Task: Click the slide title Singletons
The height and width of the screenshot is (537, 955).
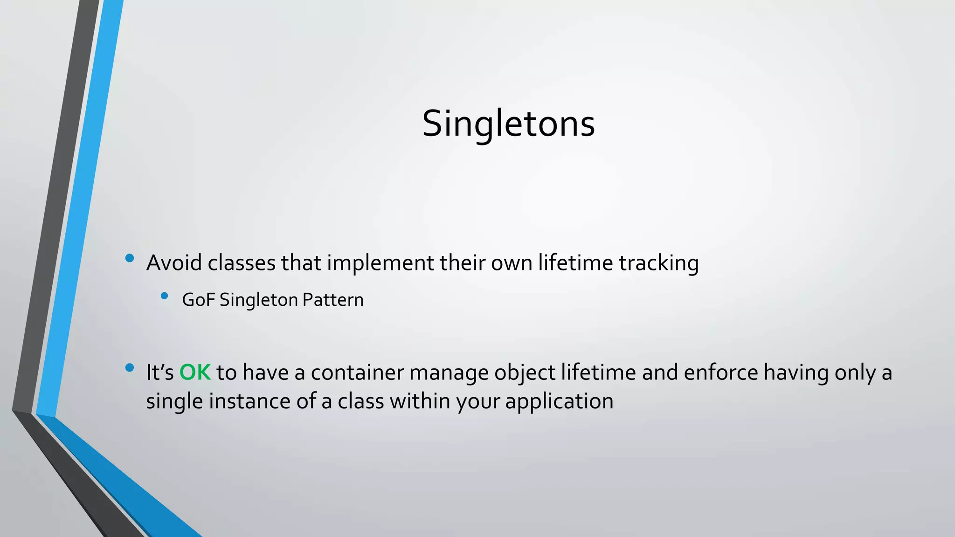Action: click(508, 124)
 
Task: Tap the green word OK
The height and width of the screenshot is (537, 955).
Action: click(195, 373)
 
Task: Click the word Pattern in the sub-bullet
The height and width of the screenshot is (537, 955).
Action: click(332, 300)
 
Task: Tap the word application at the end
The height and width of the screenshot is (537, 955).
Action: click(559, 402)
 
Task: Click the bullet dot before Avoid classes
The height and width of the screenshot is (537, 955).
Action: click(130, 258)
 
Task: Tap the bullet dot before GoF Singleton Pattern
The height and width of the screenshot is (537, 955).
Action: click(164, 296)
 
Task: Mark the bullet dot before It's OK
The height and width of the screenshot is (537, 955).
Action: click(130, 368)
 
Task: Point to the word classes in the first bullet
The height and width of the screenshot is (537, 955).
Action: click(242, 263)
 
